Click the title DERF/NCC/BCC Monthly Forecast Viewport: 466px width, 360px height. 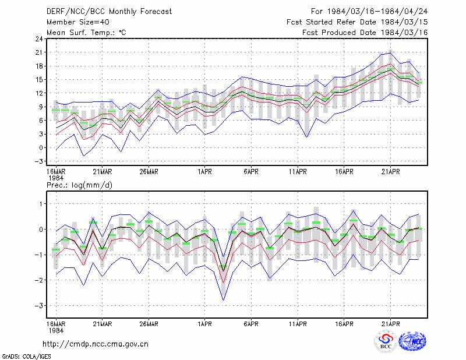pyautogui.click(x=109, y=12)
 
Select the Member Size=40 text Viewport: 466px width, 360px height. pyautogui.click(x=78, y=22)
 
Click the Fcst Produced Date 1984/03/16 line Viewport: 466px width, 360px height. pyautogui.click(x=365, y=33)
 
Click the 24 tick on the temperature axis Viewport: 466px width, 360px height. pyautogui.click(x=39, y=39)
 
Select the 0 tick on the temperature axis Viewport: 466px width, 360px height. pyautogui.click(x=41, y=148)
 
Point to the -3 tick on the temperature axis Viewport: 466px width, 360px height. pyautogui.click(x=38, y=161)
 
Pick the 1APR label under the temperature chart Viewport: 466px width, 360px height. pyautogui.click(x=205, y=172)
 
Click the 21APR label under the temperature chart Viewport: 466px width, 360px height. pyautogui.click(x=390, y=172)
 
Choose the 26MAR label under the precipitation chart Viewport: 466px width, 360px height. pyautogui.click(x=149, y=324)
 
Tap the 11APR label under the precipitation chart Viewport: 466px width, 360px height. pyautogui.click(x=298, y=324)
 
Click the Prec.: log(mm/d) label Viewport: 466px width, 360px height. pyautogui.click(x=79, y=185)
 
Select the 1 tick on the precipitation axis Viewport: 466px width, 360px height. pyautogui.click(x=41, y=204)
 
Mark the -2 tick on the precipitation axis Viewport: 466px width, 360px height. pyautogui.click(x=38, y=280)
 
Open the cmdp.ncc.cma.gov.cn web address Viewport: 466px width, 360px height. pyautogui.click(x=96, y=344)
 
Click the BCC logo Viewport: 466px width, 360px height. pyautogui.click(x=386, y=341)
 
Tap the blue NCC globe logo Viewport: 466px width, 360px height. pyautogui.click(x=412, y=341)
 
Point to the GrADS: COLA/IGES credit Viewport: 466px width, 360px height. pyautogui.click(x=26, y=357)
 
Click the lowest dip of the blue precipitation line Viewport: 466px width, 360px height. pyautogui.click(x=224, y=300)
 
